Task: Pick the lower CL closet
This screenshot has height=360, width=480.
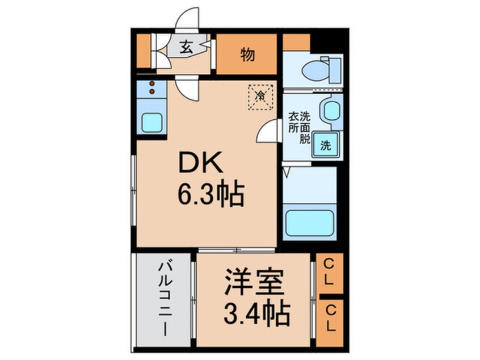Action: pos(330,319)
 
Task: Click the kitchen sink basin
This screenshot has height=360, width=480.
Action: pos(151,121)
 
